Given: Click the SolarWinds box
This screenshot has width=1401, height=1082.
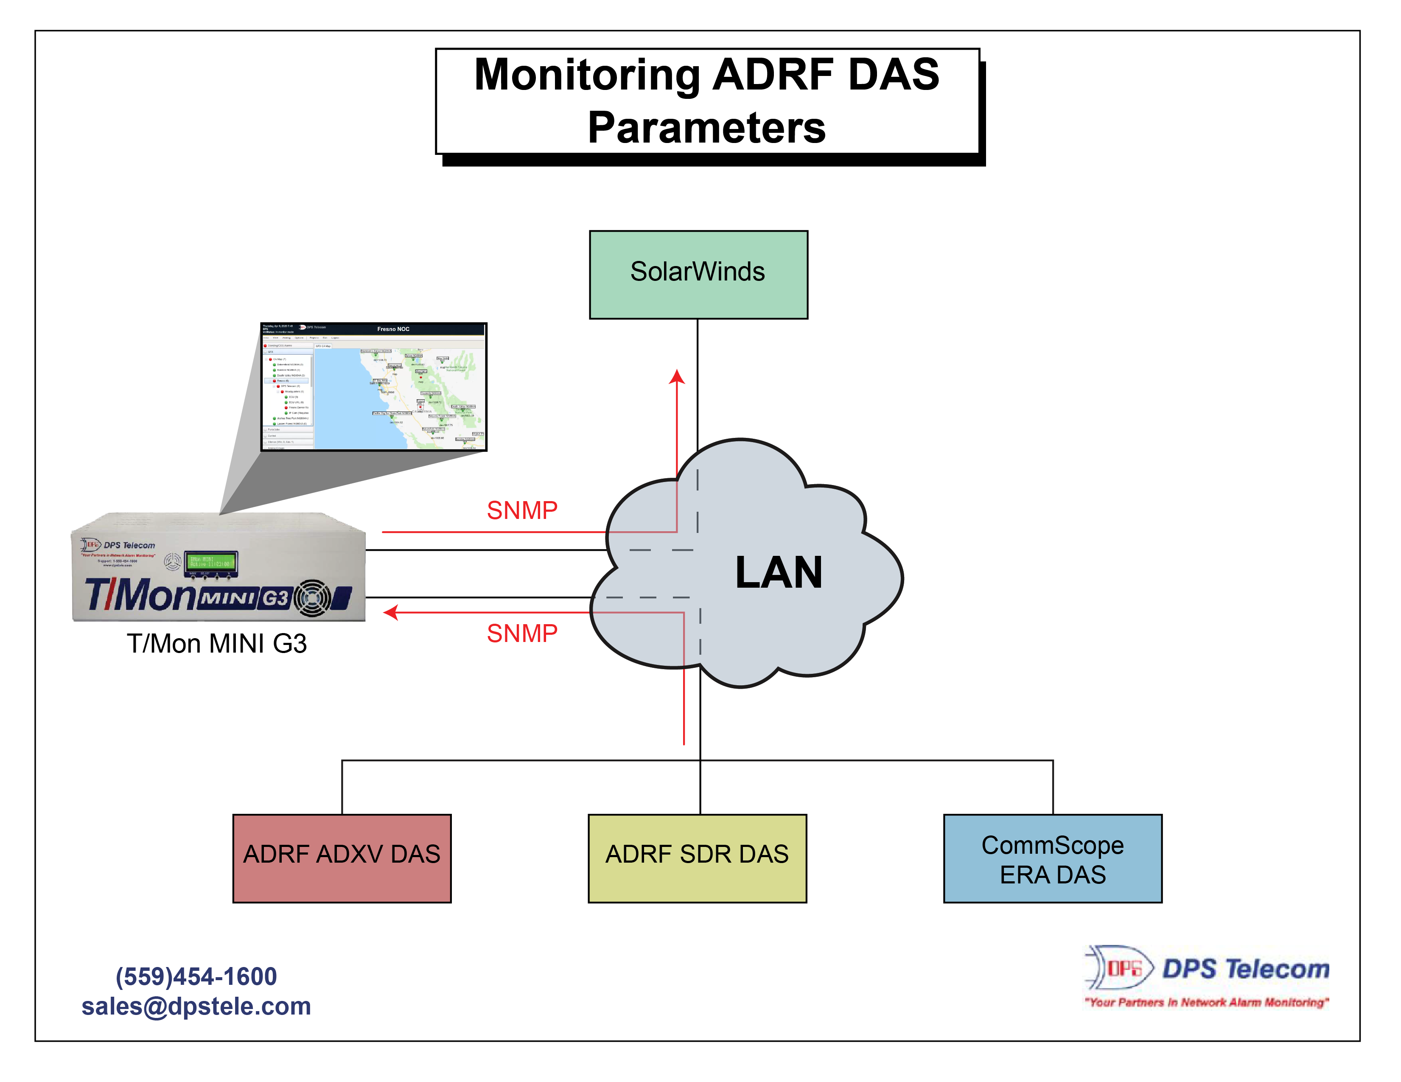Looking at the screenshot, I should click(698, 275).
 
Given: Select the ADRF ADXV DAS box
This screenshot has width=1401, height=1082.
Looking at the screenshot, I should click(342, 858).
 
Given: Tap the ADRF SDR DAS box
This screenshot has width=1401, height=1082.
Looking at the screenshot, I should click(697, 858).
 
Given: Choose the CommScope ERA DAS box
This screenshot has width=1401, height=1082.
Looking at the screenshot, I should click(1052, 858).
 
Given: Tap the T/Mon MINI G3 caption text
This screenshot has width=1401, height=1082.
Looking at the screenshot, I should click(217, 643).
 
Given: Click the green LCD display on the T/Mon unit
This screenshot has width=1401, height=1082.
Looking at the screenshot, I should click(210, 563).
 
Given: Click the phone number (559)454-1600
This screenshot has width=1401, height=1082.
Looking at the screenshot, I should click(196, 976).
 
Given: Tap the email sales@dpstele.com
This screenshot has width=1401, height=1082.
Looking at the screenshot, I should click(196, 1006).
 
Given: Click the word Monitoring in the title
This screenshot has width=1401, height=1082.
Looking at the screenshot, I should click(586, 75).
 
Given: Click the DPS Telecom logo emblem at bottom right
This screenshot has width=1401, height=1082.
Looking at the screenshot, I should click(1119, 967).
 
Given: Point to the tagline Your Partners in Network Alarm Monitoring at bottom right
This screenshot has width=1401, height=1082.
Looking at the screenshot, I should click(1206, 1002).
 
